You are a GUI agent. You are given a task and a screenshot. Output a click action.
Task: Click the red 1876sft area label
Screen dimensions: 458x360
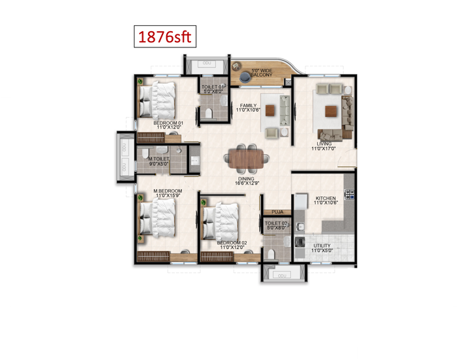(x=165, y=37)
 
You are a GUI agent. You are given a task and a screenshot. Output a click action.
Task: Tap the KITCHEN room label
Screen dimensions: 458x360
(x=325, y=198)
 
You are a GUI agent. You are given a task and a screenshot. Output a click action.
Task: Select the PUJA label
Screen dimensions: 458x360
(x=277, y=212)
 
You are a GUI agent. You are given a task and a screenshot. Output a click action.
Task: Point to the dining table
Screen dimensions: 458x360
(x=246, y=159)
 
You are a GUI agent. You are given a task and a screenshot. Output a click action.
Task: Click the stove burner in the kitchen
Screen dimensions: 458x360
(x=350, y=194)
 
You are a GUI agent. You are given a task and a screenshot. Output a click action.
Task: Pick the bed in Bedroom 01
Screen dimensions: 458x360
(x=157, y=100)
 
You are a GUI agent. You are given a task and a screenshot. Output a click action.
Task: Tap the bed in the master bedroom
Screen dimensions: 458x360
(x=158, y=218)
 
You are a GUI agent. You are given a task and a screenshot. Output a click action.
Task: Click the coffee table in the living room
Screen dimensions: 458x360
(x=331, y=111)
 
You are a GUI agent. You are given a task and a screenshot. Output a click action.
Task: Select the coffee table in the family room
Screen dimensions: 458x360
(x=270, y=110)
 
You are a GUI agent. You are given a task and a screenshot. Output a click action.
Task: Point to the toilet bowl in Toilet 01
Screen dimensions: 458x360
(x=209, y=113)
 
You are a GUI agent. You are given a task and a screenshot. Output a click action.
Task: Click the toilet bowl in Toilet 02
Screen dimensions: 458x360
(x=271, y=254)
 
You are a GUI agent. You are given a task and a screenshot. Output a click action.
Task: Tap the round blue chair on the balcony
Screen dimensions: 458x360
(x=245, y=77)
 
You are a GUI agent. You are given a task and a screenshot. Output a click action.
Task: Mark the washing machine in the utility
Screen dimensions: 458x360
(x=300, y=242)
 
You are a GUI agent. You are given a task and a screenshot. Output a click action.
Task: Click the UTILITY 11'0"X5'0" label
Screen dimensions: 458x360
(x=322, y=248)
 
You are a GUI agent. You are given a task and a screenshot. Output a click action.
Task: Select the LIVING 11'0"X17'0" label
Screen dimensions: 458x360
(x=324, y=146)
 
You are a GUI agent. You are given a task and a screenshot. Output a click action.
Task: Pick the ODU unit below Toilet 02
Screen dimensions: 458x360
(x=281, y=276)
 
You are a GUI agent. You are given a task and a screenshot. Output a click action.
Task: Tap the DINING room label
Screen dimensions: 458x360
(x=246, y=179)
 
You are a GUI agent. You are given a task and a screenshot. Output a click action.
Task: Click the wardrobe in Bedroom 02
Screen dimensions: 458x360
(x=217, y=257)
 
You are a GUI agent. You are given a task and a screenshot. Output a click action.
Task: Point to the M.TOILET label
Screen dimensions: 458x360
(x=159, y=159)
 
